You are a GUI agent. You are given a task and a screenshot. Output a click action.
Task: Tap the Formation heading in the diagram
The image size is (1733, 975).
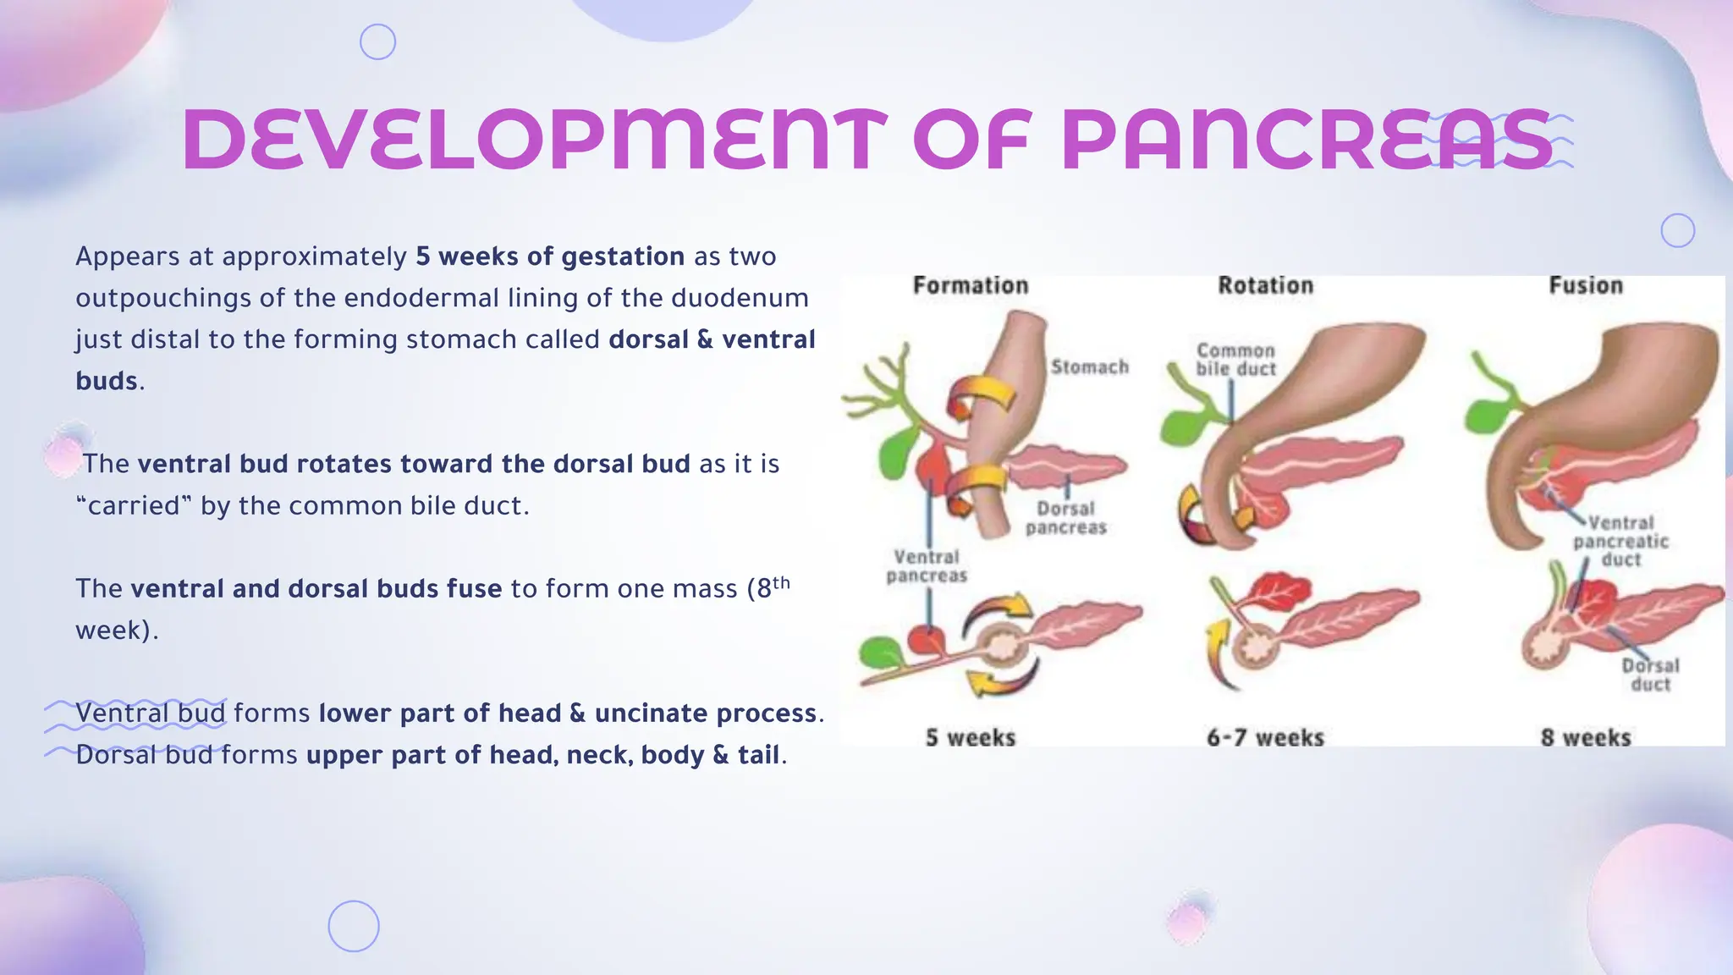point(971,286)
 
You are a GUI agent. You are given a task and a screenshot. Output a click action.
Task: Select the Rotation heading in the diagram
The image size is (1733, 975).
point(1265,286)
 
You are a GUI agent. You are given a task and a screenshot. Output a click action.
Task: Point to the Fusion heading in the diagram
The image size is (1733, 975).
point(1586,286)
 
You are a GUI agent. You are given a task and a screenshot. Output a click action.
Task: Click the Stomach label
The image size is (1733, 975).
point(1089,367)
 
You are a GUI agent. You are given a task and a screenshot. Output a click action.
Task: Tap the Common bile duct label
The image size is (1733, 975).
point(1235,360)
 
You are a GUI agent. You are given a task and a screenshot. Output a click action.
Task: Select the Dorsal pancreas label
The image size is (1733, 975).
point(1065,518)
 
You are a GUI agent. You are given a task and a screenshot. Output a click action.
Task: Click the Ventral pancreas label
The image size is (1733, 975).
point(927,566)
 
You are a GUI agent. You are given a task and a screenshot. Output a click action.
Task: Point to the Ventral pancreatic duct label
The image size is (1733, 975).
point(1620,541)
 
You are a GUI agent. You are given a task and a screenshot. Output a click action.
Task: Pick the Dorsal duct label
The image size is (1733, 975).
point(1650,675)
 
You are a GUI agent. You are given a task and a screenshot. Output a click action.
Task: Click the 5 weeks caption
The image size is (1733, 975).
point(971,737)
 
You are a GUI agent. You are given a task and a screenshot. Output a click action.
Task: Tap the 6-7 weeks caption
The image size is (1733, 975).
point(1265,737)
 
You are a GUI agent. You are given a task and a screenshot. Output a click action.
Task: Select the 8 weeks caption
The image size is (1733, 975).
point(1586,737)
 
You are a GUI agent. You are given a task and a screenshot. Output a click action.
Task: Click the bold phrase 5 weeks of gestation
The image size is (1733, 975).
point(550,256)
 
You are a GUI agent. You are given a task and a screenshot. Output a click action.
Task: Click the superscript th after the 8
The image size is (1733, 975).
point(781,582)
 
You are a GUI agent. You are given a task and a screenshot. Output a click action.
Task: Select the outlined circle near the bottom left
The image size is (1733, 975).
point(354,926)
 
